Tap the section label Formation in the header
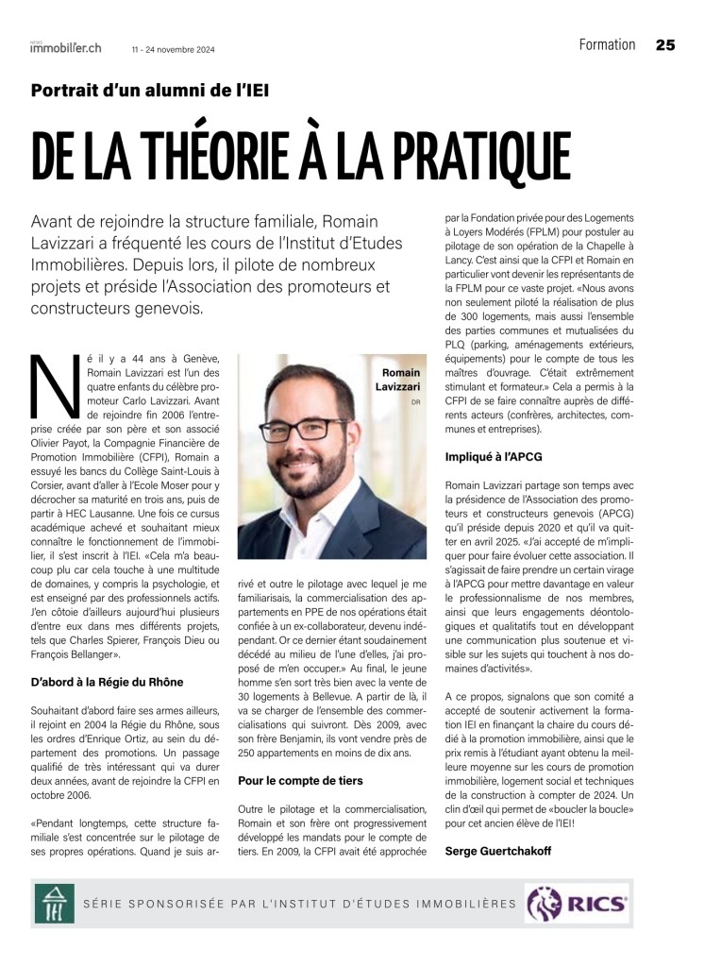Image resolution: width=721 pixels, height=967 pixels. point(607,44)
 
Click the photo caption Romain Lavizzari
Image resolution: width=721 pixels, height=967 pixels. point(400,380)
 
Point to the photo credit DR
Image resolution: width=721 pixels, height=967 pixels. point(415,402)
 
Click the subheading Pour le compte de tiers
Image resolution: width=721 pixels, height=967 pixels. point(300,781)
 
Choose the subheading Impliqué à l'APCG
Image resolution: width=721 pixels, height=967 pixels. point(493,457)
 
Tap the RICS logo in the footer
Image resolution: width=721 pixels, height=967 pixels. point(578,904)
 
